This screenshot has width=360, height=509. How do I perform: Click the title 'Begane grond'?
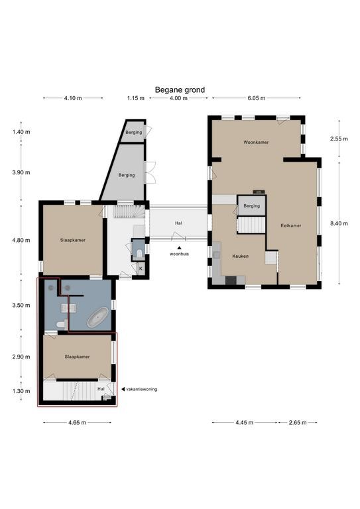coord(180,90)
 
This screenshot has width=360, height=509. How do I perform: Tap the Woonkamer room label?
coord(256,142)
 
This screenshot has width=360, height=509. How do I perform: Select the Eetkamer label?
coord(291,225)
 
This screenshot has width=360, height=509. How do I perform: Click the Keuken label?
coord(240,256)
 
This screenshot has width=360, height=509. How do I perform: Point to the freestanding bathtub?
coord(97,317)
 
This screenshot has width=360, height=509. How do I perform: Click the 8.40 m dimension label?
coord(339,223)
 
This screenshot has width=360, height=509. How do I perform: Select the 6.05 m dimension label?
coord(257,98)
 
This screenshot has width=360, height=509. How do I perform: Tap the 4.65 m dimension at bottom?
coord(78,423)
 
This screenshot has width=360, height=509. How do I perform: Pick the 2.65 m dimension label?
coord(298,423)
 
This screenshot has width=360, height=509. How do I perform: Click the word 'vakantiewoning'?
coord(141,389)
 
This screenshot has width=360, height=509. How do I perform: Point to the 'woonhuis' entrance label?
coord(179,254)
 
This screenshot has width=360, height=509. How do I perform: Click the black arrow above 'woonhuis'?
coord(179,248)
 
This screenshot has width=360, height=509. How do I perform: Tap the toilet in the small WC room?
coord(140,253)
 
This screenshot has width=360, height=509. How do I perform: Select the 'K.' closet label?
coord(141,268)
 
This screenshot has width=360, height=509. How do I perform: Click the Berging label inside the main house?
coord(251,206)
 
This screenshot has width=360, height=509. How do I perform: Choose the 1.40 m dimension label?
coord(21,132)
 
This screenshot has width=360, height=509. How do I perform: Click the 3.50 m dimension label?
coord(21,306)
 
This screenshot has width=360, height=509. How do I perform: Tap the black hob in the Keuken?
coord(231,280)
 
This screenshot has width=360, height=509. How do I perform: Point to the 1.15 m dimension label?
coord(136,98)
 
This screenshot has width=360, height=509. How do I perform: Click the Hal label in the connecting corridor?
coord(178,223)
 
